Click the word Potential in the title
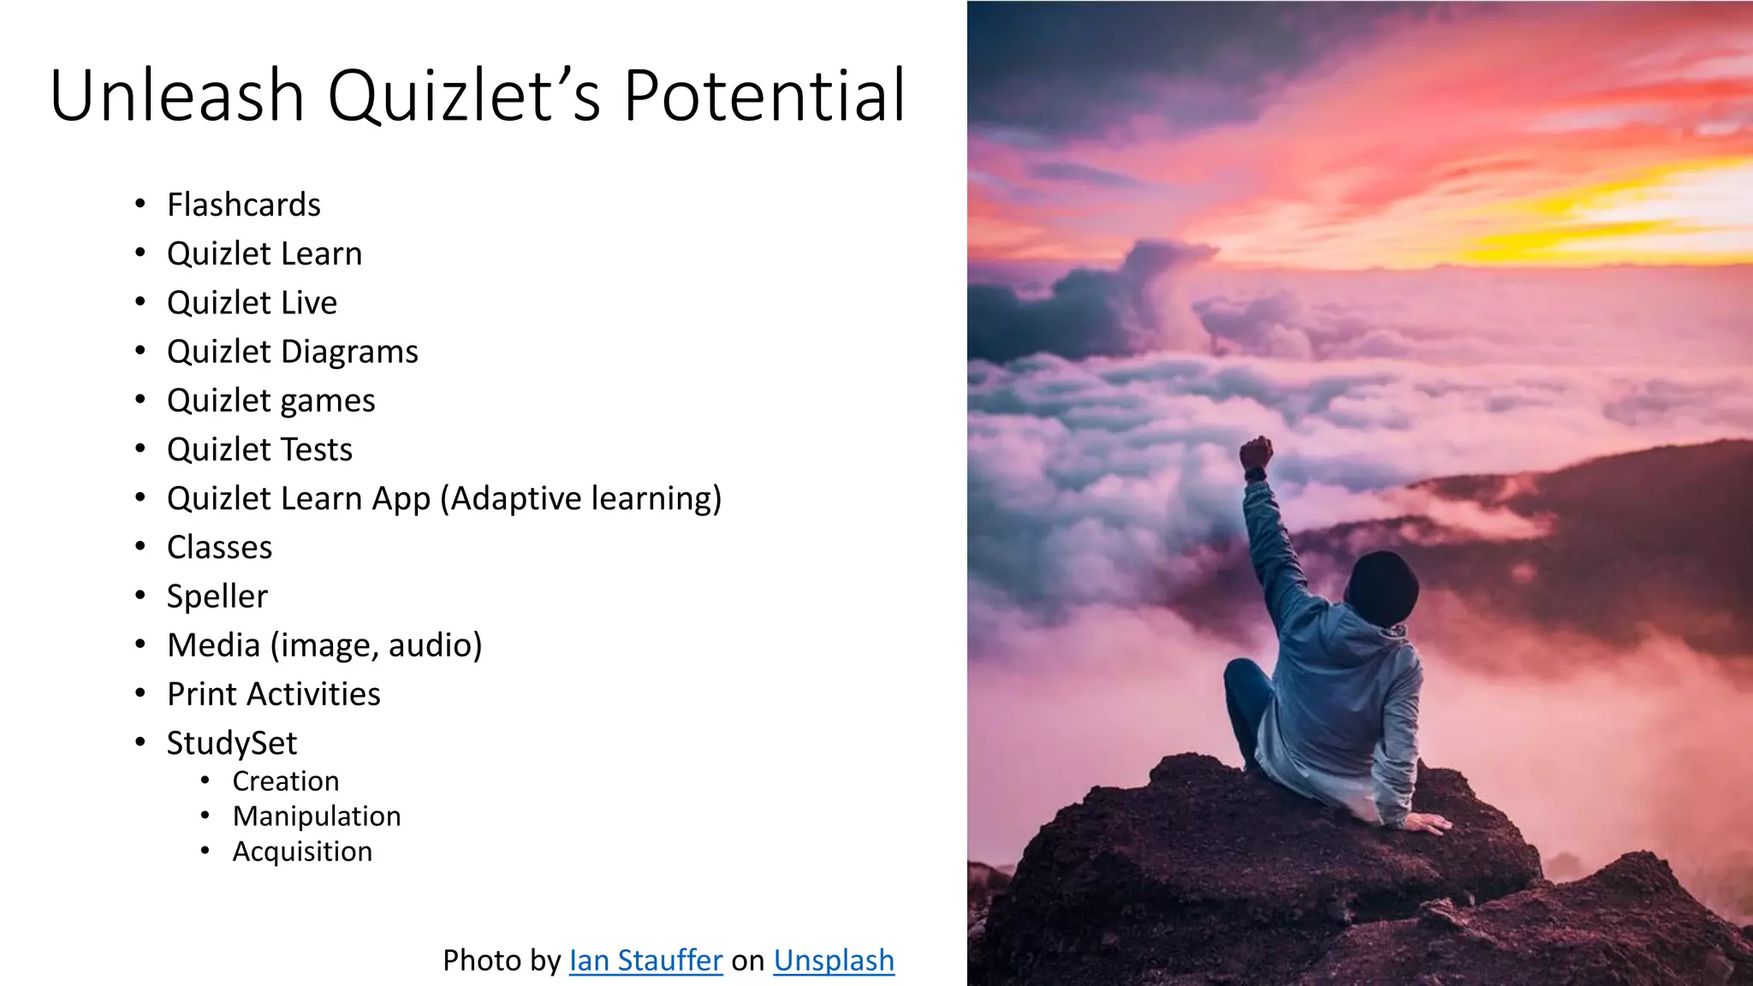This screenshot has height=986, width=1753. pyautogui.click(x=764, y=96)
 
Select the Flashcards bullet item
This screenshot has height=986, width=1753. pyautogui.click(x=244, y=205)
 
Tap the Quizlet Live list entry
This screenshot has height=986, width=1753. pyautogui.click(x=252, y=303)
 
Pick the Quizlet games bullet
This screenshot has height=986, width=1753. pyautogui.click(x=270, y=401)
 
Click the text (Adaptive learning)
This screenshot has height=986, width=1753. pyautogui.click(x=581, y=499)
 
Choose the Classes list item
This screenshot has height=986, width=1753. pyautogui.click(x=219, y=548)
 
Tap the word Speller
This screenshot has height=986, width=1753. pyautogui.click(x=217, y=597)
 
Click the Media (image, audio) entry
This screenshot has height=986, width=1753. pyautogui.click(x=324, y=645)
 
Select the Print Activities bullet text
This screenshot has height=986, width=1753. pyautogui.click(x=273, y=694)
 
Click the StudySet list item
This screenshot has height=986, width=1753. pyautogui.click(x=232, y=743)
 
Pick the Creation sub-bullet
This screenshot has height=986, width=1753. pyautogui.click(x=286, y=781)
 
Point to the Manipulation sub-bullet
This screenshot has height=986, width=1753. pyautogui.click(x=317, y=817)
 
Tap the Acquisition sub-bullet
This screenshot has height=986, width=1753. pyautogui.click(x=302, y=852)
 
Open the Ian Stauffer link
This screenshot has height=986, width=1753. pyautogui.click(x=645, y=960)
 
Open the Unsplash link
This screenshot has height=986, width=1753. pyautogui.click(x=834, y=960)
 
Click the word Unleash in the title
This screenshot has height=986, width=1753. pyautogui.click(x=177, y=96)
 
